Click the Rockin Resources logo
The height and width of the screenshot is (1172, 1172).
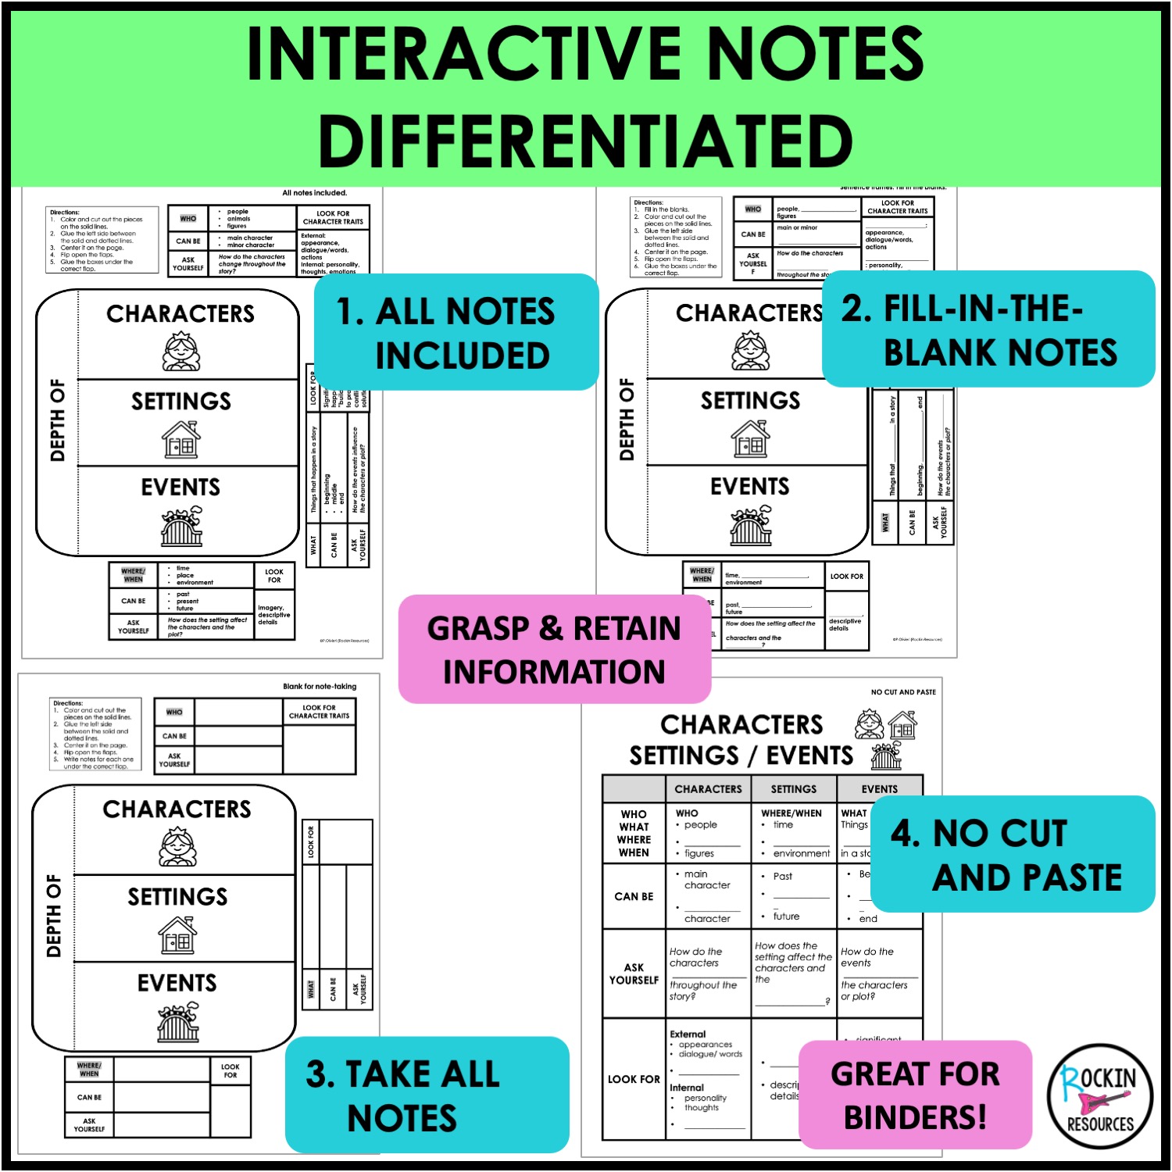tap(1099, 1097)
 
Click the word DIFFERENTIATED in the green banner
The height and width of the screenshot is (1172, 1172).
tap(585, 141)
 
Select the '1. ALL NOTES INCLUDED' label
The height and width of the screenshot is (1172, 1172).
tap(456, 333)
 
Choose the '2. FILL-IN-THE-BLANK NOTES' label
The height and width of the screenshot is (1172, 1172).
tap(988, 330)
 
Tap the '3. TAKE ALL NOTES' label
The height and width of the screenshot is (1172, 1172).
tap(427, 1095)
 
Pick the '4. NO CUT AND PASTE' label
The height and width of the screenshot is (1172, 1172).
tap(1012, 854)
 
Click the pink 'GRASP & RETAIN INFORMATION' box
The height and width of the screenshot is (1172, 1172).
tap(554, 649)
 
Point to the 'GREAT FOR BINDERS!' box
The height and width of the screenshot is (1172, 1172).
tap(915, 1095)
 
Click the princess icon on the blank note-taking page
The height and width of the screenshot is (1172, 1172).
tap(178, 848)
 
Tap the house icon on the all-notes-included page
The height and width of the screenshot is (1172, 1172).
tap(181, 439)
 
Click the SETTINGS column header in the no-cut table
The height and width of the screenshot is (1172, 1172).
tap(793, 789)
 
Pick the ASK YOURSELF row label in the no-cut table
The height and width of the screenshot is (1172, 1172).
tap(634, 974)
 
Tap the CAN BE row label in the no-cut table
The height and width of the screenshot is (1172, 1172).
tap(634, 896)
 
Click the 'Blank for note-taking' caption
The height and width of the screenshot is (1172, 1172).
tap(319, 686)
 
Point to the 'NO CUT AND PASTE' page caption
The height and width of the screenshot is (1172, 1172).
tap(903, 692)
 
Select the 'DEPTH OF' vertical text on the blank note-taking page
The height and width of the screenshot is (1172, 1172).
tap(54, 916)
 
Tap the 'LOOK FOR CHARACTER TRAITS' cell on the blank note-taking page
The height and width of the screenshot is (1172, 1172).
tap(319, 712)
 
